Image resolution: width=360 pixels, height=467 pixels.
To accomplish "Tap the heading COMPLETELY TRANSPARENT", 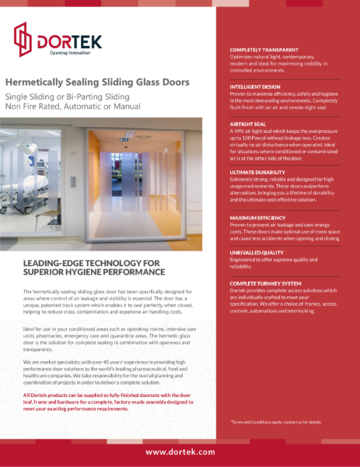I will click(263, 49).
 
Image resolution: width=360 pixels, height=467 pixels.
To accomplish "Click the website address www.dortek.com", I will click(180, 451).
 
